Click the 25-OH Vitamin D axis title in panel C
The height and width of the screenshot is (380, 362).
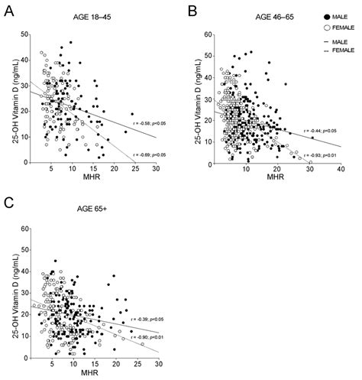pyautogui.click(x=9, y=294)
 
